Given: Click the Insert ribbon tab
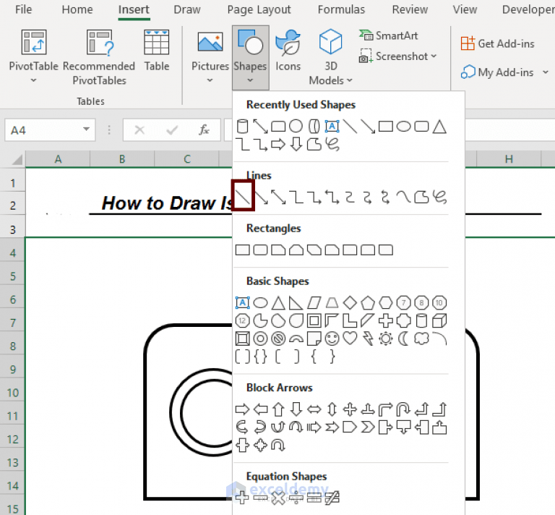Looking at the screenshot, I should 134,10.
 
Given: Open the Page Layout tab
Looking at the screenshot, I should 259,10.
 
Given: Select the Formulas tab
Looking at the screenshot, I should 341,10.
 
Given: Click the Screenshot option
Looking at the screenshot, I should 398,56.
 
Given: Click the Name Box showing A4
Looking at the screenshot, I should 49,130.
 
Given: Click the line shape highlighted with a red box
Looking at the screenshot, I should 244,196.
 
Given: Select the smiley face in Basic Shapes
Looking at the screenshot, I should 332,338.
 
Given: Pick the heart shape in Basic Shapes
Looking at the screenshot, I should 350,338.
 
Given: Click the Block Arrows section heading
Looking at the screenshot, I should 279,388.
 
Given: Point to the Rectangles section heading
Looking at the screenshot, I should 273,229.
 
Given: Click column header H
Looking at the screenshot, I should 509,159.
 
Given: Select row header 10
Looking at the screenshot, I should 13,393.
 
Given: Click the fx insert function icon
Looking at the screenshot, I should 205,130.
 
